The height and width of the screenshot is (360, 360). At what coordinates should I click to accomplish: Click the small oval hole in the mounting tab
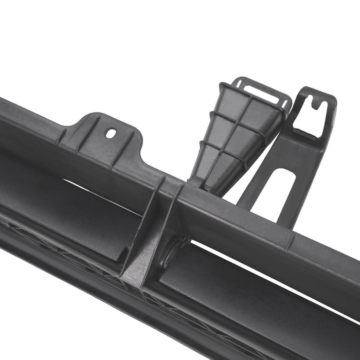pos(111,133)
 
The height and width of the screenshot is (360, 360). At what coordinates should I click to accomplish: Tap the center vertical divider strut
pos(154,226)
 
